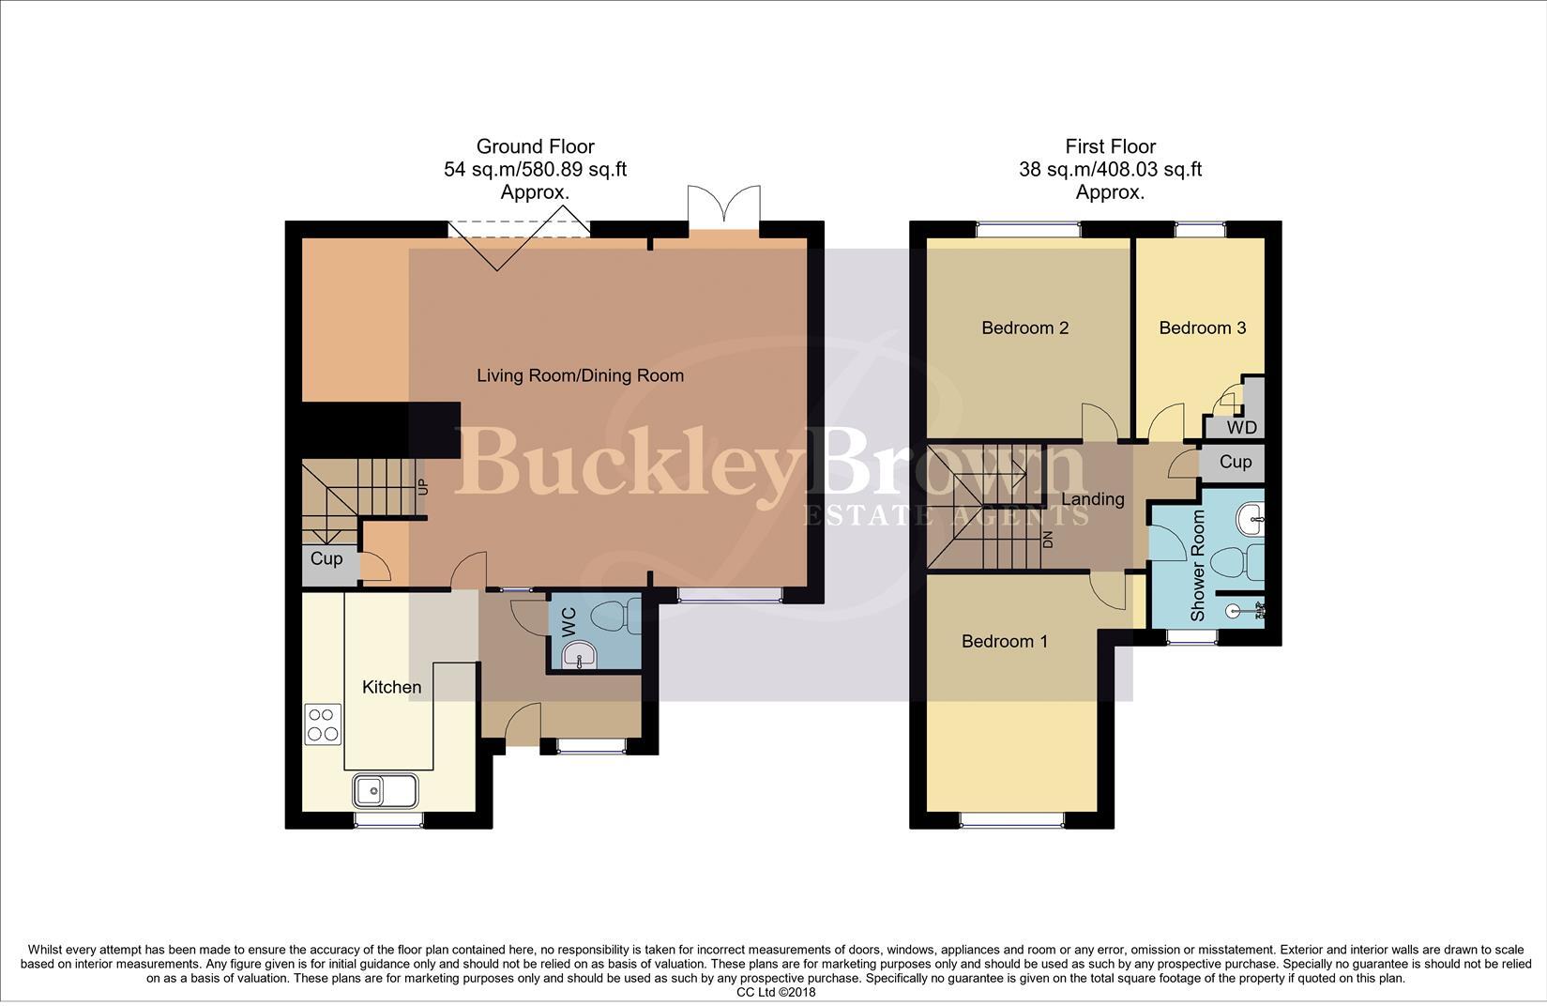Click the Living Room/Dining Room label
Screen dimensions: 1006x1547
pos(580,375)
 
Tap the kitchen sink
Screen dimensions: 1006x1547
pos(386,790)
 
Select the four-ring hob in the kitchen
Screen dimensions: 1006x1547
pos(323,724)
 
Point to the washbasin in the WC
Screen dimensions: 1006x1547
pos(580,656)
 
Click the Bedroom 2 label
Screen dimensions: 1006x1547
pos(1024,328)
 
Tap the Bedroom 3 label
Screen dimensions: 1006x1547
pos(1202,328)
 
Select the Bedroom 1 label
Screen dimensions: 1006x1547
pos(1004,641)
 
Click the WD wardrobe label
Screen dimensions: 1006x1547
pos(1240,428)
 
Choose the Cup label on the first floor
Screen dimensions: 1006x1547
pos(1235,462)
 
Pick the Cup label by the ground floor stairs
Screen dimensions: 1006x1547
pos(326,558)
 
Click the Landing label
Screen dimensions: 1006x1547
pos(1092,499)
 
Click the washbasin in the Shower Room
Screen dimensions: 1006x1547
pos(1251,518)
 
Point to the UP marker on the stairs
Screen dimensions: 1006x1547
pos(422,488)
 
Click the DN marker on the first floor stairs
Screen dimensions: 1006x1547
pos(1048,540)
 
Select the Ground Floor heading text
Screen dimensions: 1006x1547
pos(535,146)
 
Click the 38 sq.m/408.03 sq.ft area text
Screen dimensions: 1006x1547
pos(1110,170)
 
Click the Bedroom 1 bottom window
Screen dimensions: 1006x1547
pos(1012,820)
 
